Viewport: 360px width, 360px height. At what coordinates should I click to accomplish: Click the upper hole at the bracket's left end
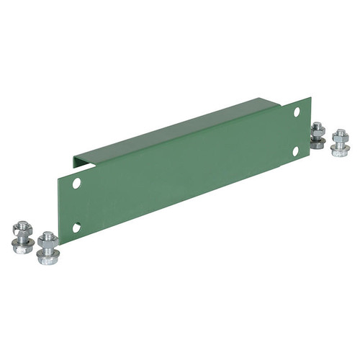(x=77, y=184)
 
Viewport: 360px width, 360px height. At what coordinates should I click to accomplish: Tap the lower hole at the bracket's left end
(x=76, y=228)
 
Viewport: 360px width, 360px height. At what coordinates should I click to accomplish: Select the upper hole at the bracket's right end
(x=297, y=112)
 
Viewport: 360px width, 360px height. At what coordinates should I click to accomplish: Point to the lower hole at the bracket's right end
(x=295, y=150)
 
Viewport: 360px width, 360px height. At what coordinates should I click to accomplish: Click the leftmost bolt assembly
(x=22, y=237)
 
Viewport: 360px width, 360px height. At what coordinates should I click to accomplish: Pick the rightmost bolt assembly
(x=340, y=141)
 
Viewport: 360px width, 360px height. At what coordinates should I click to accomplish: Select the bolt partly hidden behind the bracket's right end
(x=317, y=135)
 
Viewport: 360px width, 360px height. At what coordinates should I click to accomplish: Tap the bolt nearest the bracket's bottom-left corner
(x=48, y=248)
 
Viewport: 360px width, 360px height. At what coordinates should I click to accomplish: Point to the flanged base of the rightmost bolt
(x=340, y=149)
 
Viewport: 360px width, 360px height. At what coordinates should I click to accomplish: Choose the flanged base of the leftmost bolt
(x=22, y=247)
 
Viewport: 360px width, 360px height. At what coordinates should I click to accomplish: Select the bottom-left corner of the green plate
(x=60, y=243)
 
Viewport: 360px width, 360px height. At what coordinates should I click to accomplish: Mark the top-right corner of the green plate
(x=310, y=98)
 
